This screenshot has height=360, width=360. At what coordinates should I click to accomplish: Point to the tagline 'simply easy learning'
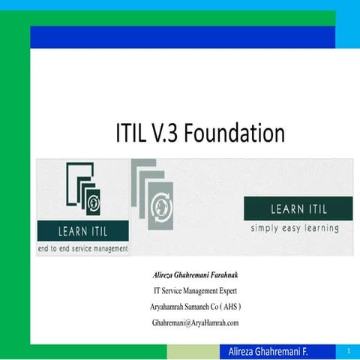pyautogui.click(x=295, y=229)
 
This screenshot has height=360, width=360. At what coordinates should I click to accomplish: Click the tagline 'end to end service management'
pyautogui.click(x=82, y=248)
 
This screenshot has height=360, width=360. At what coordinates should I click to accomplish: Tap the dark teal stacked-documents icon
pyautogui.click(x=82, y=190)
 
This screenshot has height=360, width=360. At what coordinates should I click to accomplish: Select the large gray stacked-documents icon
pyautogui.click(x=153, y=197)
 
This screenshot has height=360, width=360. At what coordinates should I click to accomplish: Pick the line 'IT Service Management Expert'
pyautogui.click(x=195, y=292)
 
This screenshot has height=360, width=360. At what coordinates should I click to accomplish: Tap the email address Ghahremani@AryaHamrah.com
pyautogui.click(x=195, y=322)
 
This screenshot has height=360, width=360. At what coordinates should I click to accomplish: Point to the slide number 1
pyautogui.click(x=349, y=351)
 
